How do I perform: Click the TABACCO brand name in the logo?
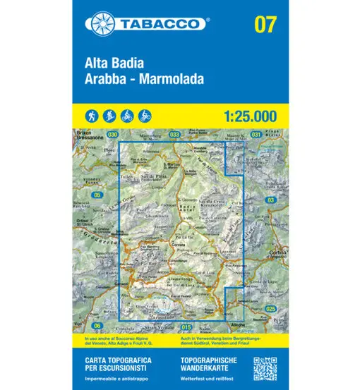coord(164,23)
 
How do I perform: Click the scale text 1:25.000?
coord(249,115)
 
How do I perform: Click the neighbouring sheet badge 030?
coord(112,133)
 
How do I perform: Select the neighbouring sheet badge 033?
coord(175,133)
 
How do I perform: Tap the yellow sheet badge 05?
coord(97,195)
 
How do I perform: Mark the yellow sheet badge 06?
coord(97,324)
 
